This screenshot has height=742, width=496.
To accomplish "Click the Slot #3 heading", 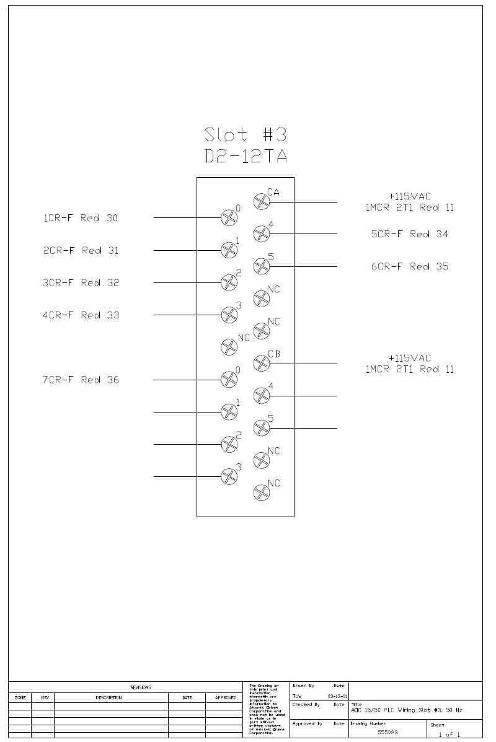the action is point(246,134).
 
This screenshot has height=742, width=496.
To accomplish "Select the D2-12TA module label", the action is point(246,157).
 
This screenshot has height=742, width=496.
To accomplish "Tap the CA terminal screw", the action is point(262,201).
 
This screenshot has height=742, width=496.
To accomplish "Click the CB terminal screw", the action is point(262,363).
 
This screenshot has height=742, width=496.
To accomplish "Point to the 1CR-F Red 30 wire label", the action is point(80,218).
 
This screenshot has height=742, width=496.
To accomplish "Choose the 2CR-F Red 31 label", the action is point(80,251).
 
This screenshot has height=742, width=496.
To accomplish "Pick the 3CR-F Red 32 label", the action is point(80,283).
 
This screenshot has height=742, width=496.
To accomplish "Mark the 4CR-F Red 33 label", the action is point(80,315).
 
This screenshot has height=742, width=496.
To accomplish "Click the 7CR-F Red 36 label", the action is point(80,380).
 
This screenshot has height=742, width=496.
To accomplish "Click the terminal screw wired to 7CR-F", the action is point(229,379).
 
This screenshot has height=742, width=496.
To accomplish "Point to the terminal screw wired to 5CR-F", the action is point(262,234).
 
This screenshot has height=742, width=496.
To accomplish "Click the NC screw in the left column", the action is point(229,347).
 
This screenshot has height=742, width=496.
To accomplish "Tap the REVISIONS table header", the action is point(140,687).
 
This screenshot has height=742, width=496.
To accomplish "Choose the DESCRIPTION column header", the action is point(108,697).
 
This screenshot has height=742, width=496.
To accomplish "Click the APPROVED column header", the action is point(225,697).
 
